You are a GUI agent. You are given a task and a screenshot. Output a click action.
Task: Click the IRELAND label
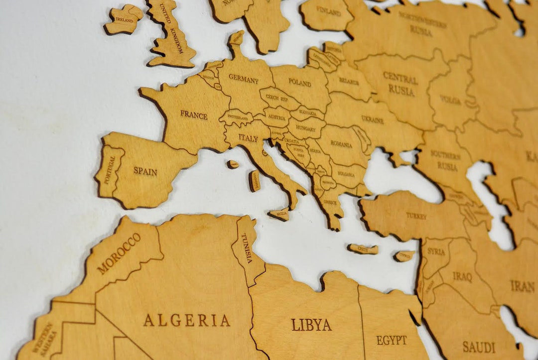coord(124,20)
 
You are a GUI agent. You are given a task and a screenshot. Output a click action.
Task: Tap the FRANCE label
coord(194,115)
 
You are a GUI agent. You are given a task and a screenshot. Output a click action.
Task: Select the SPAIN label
coord(145,172)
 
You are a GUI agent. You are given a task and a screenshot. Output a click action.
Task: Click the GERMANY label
coord(244,80)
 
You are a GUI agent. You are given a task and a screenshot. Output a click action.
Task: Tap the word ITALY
coord(248,138)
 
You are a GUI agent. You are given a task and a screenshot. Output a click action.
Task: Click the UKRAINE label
coord(372,120)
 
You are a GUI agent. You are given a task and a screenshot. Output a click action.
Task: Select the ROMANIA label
coord(341,145)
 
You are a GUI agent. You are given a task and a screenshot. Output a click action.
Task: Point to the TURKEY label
coord(416,216)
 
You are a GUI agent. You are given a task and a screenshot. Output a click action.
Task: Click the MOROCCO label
coord(119,253)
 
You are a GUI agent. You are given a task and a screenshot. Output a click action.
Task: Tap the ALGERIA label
coord(187,320)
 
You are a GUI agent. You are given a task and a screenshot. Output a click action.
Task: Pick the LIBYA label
coord(311,325)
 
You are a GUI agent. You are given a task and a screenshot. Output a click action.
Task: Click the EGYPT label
coord(392,341)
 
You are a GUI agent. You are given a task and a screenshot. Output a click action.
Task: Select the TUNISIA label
coord(247,248)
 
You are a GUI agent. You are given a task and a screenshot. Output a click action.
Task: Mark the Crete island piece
coord(363,249)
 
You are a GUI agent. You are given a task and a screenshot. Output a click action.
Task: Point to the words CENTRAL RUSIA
coord(401,84)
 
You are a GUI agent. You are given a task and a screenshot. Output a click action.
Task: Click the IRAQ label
coord(462,276)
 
